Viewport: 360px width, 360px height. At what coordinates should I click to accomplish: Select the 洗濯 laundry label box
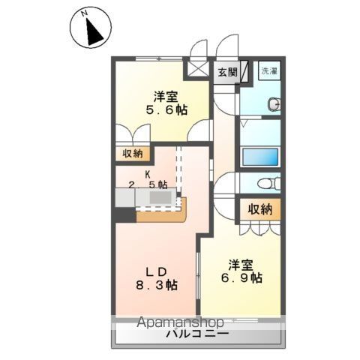[268, 72]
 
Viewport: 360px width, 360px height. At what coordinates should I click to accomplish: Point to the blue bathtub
[260, 157]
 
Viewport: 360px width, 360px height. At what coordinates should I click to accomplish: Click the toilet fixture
[265, 184]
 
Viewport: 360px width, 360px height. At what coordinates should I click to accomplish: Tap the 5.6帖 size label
[167, 109]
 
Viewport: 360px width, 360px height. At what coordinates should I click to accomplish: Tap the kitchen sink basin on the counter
[160, 196]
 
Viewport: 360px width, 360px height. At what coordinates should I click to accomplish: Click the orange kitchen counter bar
[161, 215]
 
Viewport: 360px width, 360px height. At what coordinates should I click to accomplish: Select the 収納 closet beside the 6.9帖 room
[260, 209]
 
